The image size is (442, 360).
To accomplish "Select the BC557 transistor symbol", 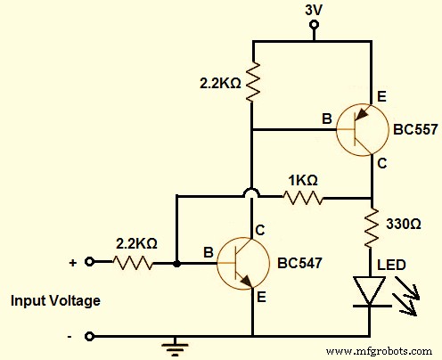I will tap(361, 128).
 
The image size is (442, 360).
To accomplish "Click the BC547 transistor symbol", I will tap(242, 264).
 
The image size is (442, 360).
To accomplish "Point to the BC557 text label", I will tap(414, 129).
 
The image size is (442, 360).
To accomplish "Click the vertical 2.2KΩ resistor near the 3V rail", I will tap(253, 82).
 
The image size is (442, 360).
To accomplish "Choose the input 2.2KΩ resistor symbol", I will tap(133, 263).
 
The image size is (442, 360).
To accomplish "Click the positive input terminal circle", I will tap(89, 263).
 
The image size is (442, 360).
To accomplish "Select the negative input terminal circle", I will tap(89, 337).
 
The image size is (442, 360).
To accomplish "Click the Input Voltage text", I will tap(55, 301).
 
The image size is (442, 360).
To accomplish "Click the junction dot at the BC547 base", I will tap(177, 264).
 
